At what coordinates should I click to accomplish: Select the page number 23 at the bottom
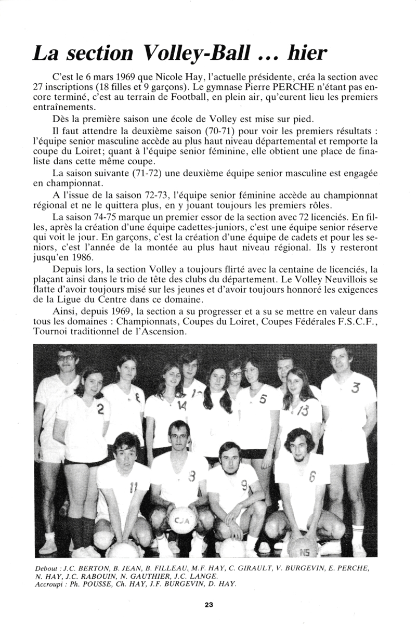tap(208, 604)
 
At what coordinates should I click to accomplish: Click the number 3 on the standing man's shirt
tap(356, 387)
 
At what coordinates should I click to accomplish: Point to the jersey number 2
tap(100, 409)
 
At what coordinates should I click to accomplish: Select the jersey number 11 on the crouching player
tap(133, 487)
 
